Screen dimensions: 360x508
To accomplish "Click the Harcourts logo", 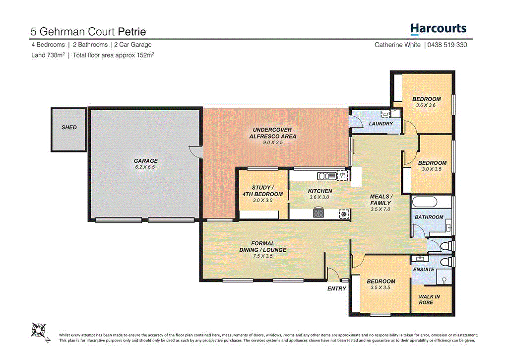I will [x=439, y=29].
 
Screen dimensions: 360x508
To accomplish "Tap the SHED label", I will [x=69, y=128].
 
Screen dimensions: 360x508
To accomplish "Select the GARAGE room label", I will [x=145, y=161].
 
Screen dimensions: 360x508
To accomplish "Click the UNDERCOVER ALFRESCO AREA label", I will [x=272, y=133].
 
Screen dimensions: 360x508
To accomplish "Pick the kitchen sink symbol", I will [x=325, y=175].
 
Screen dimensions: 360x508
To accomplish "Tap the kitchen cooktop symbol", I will [x=317, y=214].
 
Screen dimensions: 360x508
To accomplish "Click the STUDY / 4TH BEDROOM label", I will [x=262, y=191].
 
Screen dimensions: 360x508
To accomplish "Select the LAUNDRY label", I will [x=381, y=124].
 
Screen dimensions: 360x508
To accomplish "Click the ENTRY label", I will [x=336, y=288].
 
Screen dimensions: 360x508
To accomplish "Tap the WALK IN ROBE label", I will [x=426, y=299].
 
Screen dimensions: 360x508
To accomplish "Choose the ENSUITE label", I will [x=424, y=270].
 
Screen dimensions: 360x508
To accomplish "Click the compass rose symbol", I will [x=39, y=330].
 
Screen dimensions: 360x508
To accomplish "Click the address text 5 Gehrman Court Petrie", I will [x=88, y=32].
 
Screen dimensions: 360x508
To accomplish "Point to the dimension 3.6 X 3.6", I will [x=426, y=105].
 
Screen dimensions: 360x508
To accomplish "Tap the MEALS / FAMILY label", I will [x=381, y=200].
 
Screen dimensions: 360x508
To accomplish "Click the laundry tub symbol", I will [x=385, y=113].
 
